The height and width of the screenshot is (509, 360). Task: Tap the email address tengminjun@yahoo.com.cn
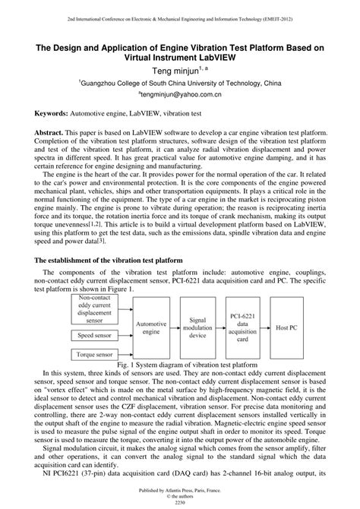179,96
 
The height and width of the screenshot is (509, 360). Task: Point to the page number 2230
180,503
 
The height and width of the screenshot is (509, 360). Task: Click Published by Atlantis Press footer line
180,490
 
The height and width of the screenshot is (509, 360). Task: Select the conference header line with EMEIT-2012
180,15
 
